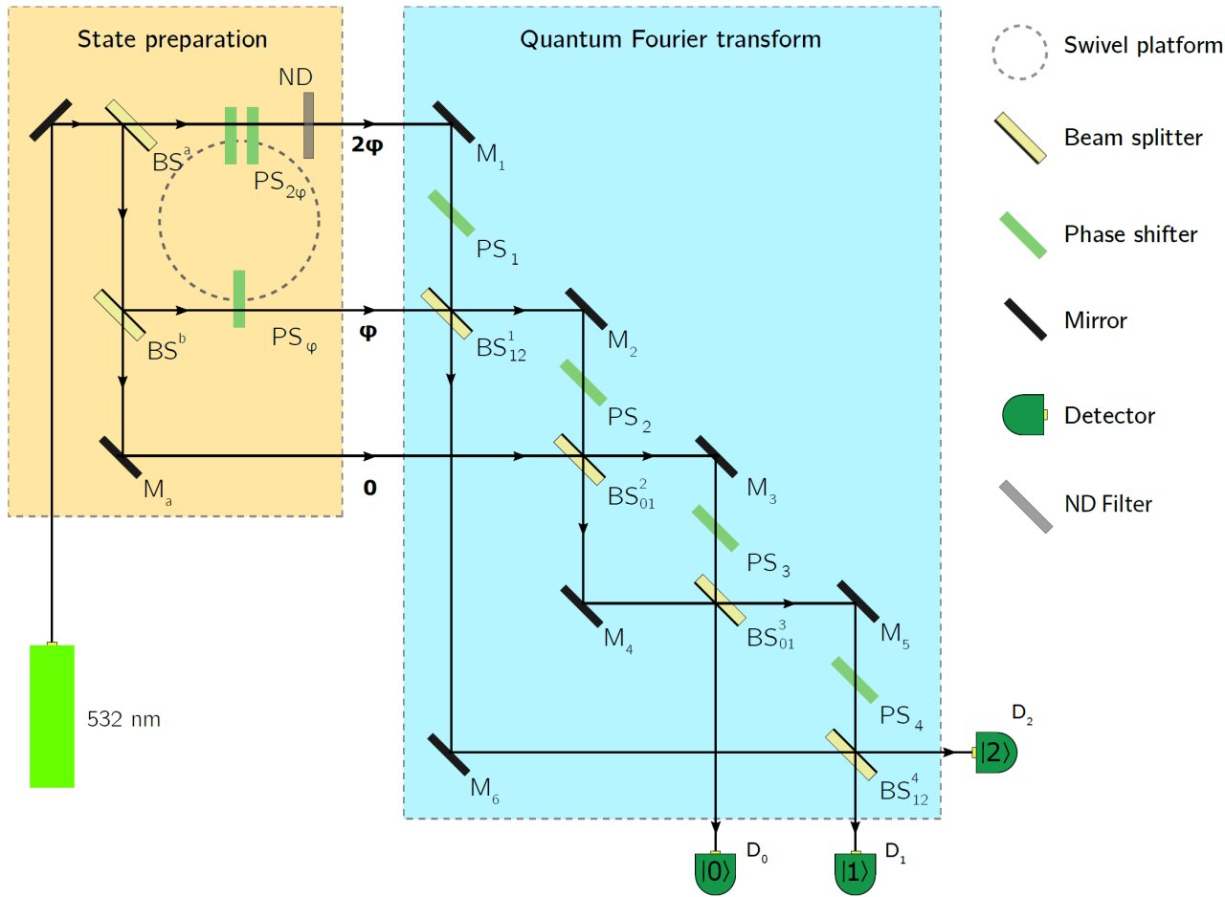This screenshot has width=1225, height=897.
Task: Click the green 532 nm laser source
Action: click(52, 715)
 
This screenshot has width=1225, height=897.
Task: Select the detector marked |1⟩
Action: click(855, 872)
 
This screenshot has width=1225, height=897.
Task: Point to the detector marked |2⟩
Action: click(996, 753)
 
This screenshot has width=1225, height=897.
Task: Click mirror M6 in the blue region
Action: click(450, 753)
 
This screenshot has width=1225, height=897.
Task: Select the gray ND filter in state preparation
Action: click(308, 125)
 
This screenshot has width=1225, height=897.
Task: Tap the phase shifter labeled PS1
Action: click(451, 213)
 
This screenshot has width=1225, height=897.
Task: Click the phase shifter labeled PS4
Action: click(855, 680)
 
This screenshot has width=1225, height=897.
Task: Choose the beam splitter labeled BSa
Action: click(124, 124)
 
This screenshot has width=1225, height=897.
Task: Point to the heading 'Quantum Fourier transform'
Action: click(670, 39)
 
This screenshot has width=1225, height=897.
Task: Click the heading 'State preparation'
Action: click(173, 39)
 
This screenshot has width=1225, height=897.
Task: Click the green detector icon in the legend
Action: click(1023, 415)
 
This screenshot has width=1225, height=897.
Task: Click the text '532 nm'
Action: click(123, 719)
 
